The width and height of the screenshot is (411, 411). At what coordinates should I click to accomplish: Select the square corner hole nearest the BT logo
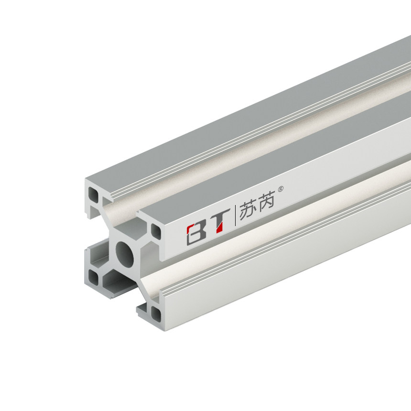coord(156,231)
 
